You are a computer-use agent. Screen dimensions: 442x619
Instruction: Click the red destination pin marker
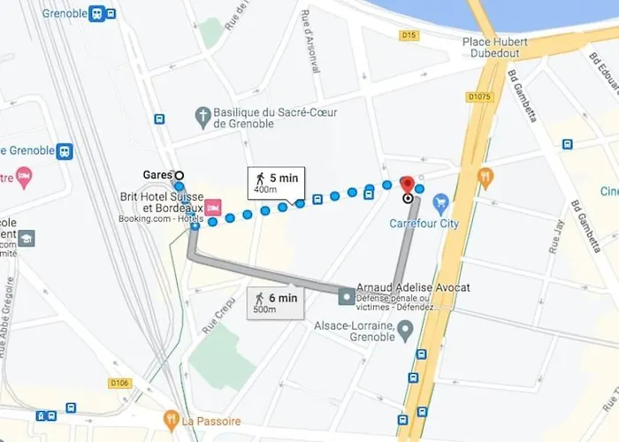408,185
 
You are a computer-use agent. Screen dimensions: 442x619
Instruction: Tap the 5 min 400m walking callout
277,181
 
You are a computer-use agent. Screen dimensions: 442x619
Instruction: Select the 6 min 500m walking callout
277,303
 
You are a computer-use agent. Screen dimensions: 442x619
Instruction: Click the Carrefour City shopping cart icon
440,204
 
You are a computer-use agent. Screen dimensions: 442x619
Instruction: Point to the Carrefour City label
424,224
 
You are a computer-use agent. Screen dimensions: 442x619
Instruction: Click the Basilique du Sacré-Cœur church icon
203,115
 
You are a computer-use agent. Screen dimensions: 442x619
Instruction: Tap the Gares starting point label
157,175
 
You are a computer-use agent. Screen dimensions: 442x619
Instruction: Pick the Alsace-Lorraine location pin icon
406,331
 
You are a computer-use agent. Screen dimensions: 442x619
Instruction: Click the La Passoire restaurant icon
172,417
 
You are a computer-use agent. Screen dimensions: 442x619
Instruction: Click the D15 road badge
408,35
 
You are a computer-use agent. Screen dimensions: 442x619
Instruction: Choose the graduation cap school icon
27,239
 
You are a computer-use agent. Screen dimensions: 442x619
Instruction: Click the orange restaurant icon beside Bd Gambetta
485,177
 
